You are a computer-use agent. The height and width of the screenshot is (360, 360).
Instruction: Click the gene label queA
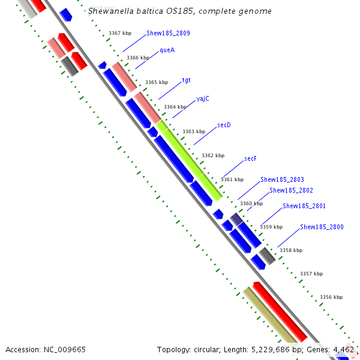pyautogui.click(x=167, y=50)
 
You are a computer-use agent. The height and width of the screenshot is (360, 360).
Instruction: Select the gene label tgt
pyautogui.click(x=187, y=80)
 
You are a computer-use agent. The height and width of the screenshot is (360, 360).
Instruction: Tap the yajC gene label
pyautogui.click(x=203, y=99)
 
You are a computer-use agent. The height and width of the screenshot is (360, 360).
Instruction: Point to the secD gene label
pyautogui.click(x=224, y=125)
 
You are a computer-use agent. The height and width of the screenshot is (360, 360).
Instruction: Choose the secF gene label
pyautogui.click(x=250, y=158)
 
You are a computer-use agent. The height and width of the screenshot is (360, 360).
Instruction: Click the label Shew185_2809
pyautogui.click(x=168, y=34)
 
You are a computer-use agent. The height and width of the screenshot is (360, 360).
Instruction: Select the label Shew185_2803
pyautogui.click(x=282, y=179)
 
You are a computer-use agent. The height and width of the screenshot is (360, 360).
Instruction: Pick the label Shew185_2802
pyautogui.click(x=291, y=190)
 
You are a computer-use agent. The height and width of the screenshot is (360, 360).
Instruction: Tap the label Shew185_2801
pyautogui.click(x=304, y=206)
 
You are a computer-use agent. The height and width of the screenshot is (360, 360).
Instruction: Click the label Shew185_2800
pyautogui.click(x=322, y=227)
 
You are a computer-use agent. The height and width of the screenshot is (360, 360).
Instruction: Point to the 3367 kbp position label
pyautogui.click(x=119, y=34)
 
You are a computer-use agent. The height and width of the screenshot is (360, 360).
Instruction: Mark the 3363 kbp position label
pyautogui.click(x=193, y=131)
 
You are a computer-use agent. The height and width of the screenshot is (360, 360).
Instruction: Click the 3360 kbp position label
pyautogui.click(x=251, y=203)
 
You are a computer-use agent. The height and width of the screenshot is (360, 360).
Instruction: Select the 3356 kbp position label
pyautogui.click(x=331, y=297)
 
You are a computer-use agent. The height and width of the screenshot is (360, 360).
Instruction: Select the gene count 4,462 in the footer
pyautogui.click(x=344, y=349)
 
